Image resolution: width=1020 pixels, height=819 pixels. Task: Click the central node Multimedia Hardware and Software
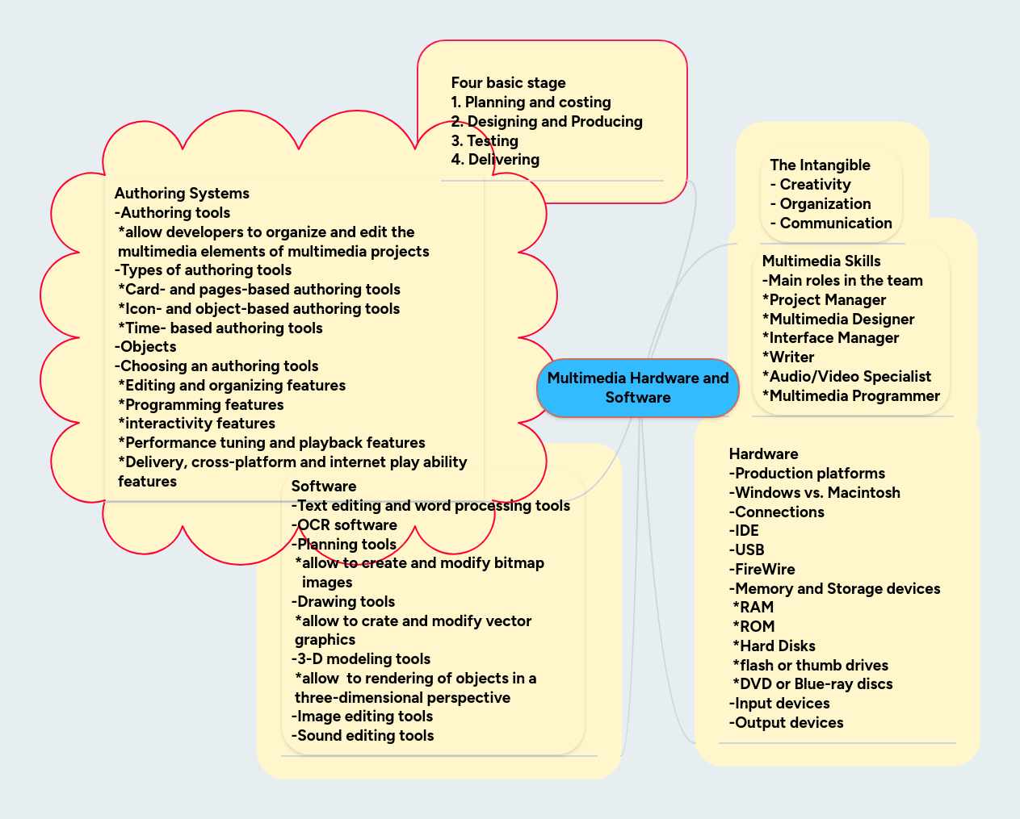click(638, 388)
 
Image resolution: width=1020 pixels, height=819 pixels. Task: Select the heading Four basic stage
click(508, 83)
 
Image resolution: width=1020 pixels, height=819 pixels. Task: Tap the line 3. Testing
click(485, 141)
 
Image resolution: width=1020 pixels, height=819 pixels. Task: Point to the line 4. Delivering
click(495, 160)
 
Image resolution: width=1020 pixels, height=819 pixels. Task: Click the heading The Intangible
click(820, 165)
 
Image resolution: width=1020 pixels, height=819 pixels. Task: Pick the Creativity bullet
click(811, 185)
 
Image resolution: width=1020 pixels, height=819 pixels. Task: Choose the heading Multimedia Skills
click(821, 261)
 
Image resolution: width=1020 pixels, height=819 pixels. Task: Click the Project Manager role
click(824, 300)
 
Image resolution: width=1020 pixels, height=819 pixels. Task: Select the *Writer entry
click(788, 357)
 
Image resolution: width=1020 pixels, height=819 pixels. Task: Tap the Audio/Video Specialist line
click(846, 377)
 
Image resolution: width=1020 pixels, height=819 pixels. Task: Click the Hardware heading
click(763, 454)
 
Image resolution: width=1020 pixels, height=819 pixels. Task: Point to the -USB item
click(746, 550)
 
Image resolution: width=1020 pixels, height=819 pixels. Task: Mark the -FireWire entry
click(762, 570)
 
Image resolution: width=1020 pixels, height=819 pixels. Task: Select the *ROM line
click(753, 627)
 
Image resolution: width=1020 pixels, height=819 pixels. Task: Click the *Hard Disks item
click(774, 646)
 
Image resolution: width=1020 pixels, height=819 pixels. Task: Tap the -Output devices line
click(786, 723)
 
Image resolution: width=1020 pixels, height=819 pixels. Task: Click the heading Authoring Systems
click(182, 194)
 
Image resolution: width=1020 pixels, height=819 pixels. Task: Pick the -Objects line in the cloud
click(145, 347)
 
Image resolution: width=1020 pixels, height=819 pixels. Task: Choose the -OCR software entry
click(344, 525)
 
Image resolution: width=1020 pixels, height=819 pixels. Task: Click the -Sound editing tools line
click(363, 736)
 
